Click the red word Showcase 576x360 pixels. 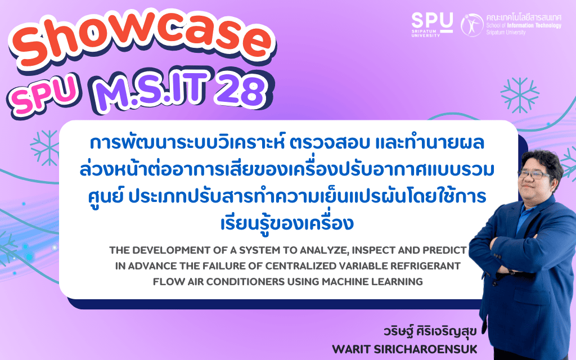[143, 42]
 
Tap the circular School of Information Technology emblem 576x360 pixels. [472, 25]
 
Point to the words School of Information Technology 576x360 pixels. [524, 26]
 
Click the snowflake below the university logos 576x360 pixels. [519, 95]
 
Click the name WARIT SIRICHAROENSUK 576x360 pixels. [404, 349]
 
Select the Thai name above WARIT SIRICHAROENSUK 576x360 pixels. [430, 331]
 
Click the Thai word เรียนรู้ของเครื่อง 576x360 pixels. [287, 223]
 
